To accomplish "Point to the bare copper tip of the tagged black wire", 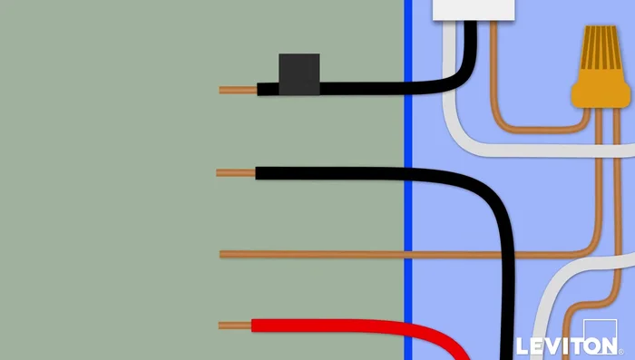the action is click(238, 90).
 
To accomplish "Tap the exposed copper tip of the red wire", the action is click(234, 325).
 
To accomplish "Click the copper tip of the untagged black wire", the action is click(235, 172).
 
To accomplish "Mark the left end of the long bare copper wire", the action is click(223, 254).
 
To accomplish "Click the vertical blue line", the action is click(408, 181).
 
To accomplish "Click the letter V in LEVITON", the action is click(550, 345).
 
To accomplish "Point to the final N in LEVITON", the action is click(606, 345).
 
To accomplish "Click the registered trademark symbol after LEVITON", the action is click(620, 350).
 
